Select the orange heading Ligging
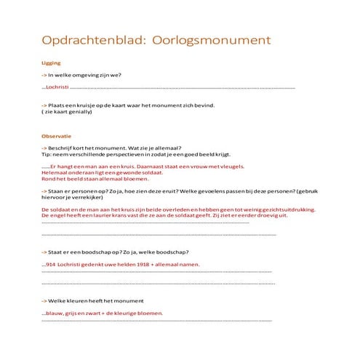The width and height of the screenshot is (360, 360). [51, 63]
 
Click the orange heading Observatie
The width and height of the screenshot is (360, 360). [56, 136]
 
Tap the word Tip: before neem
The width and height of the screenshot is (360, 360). [47, 154]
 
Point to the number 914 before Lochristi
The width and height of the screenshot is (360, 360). [50, 264]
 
